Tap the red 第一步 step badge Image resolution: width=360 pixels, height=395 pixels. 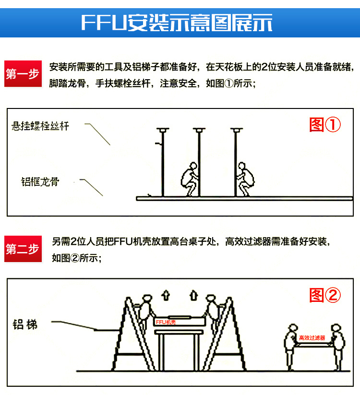[x=22, y=74]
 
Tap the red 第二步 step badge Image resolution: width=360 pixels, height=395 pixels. [x=22, y=249]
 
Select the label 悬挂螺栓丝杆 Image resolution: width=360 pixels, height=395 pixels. [x=41, y=127]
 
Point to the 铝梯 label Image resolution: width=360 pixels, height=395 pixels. [x=25, y=324]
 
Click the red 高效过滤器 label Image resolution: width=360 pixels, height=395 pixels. [x=312, y=338]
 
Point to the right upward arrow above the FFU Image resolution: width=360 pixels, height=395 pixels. [x=193, y=294]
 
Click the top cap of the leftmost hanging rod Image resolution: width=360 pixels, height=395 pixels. [x=163, y=130]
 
